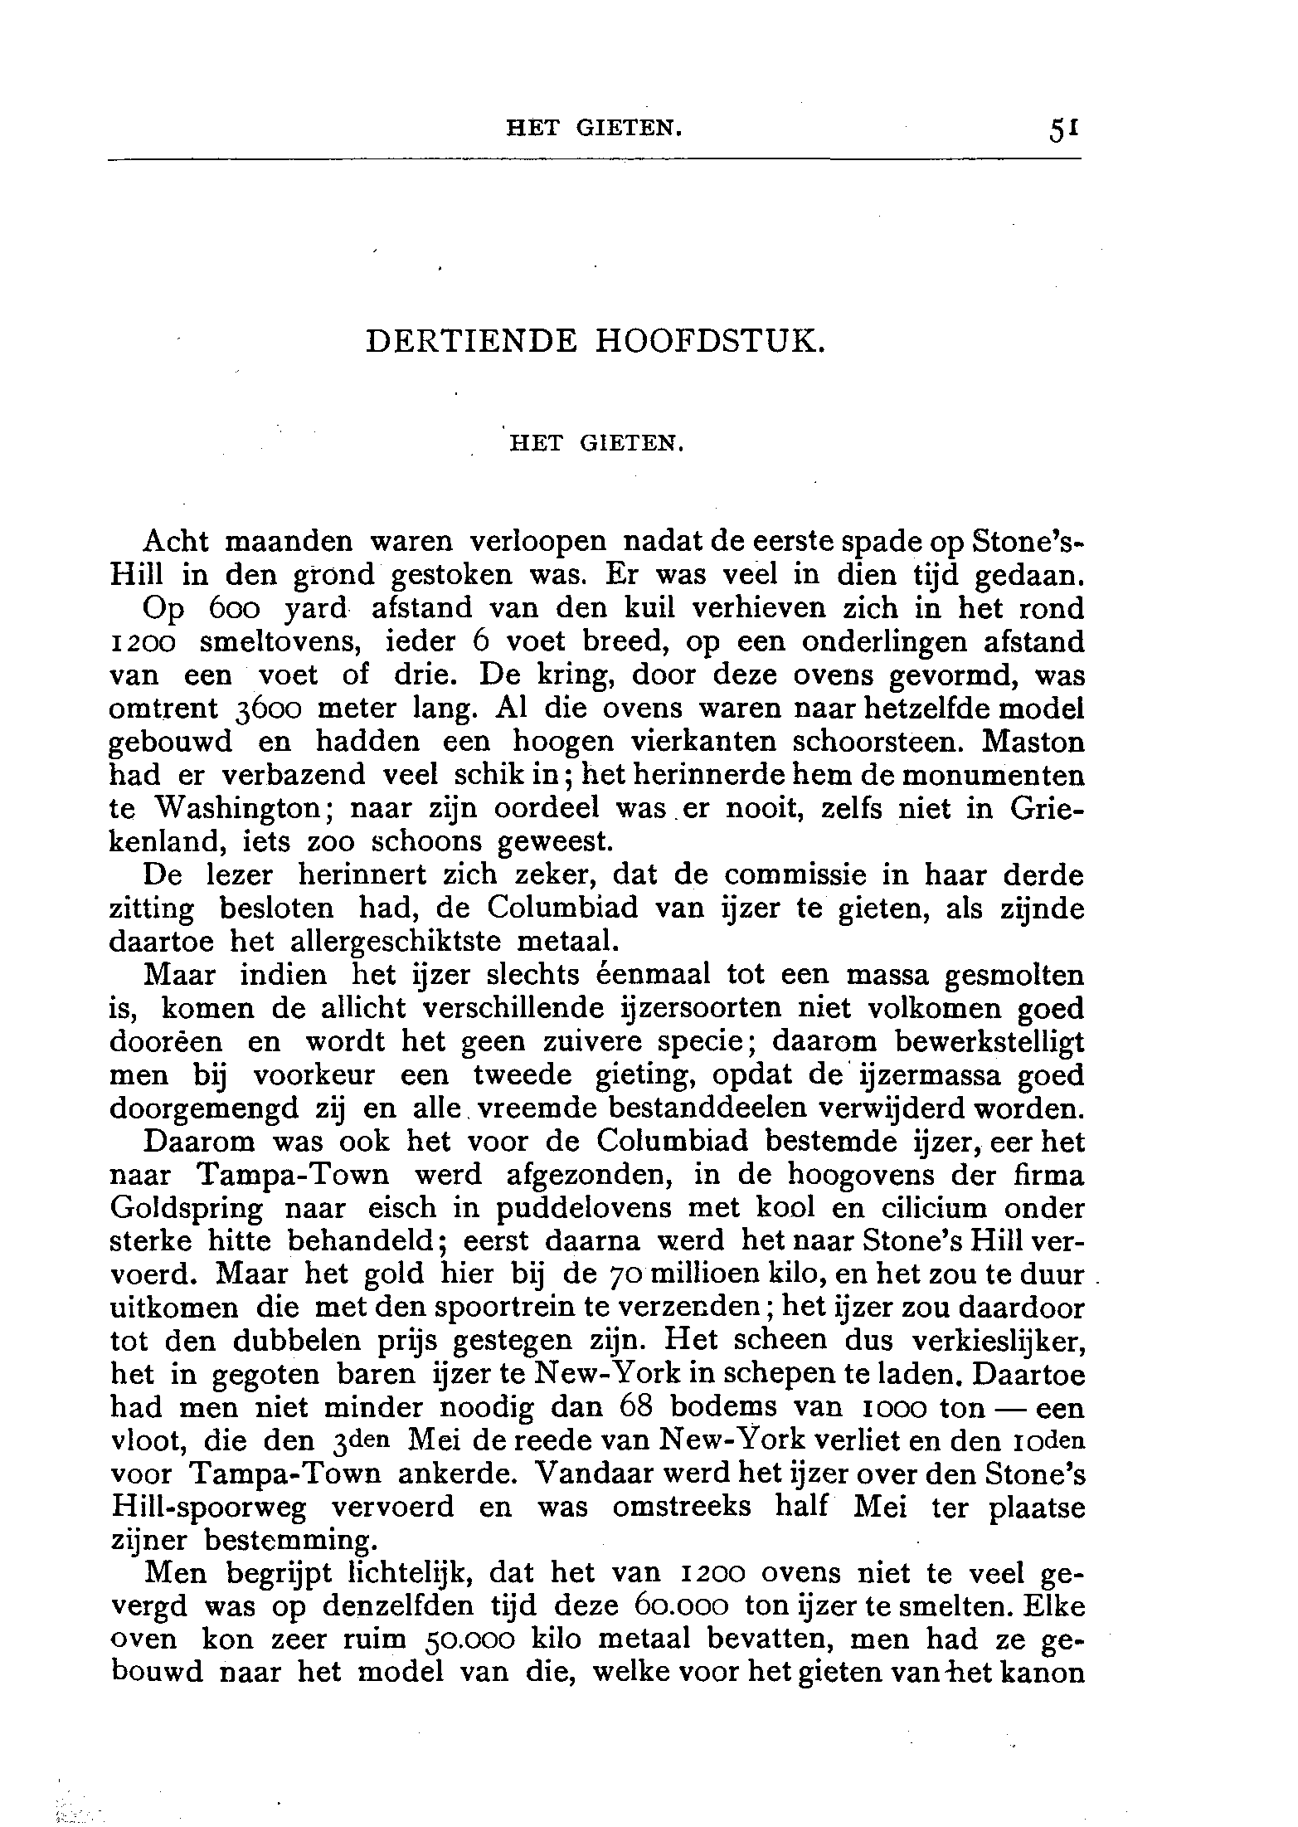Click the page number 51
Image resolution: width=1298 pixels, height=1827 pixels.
[1062, 130]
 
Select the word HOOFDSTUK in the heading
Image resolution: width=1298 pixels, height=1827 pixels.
[711, 342]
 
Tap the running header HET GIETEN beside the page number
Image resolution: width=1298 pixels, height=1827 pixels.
[595, 129]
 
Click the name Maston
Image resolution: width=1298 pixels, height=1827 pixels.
[1033, 742]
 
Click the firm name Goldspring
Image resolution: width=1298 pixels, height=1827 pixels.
[186, 1208]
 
